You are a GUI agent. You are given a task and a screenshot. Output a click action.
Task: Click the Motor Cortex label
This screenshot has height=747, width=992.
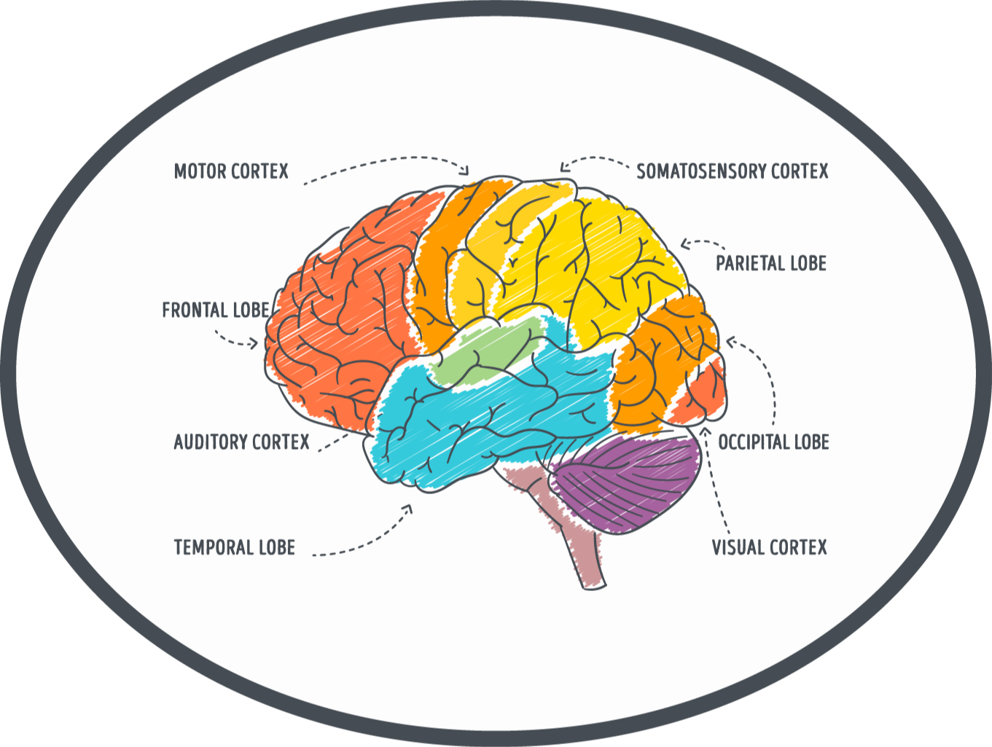click(x=231, y=171)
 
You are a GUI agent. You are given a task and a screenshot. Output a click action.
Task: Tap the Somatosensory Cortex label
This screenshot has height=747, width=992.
click(x=733, y=171)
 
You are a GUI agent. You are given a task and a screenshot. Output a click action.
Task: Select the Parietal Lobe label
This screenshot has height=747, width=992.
click(x=770, y=263)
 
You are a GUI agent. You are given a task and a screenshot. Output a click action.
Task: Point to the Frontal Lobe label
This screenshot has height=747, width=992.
click(x=216, y=310)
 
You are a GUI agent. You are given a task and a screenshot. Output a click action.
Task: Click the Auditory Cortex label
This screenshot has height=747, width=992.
click(x=241, y=442)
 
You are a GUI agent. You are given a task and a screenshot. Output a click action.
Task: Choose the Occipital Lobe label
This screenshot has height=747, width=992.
click(x=773, y=442)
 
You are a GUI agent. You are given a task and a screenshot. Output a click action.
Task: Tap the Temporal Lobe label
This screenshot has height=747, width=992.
click(x=234, y=548)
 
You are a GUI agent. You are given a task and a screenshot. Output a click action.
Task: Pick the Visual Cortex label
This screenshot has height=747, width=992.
click(x=769, y=548)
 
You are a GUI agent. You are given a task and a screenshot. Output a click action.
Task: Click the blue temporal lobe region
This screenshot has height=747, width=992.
click(x=466, y=423)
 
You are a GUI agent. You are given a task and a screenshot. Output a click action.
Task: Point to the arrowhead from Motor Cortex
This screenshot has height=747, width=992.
click(x=466, y=171)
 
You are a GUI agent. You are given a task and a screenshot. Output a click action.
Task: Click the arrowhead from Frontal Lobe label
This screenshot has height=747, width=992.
click(x=254, y=343)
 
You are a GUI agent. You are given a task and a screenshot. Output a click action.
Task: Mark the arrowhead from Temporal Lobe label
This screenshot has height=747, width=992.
click(x=409, y=508)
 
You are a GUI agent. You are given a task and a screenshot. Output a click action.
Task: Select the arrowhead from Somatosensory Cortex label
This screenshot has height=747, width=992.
click(x=563, y=168)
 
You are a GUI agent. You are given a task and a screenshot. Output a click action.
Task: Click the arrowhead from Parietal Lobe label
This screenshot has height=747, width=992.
click(x=684, y=245)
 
